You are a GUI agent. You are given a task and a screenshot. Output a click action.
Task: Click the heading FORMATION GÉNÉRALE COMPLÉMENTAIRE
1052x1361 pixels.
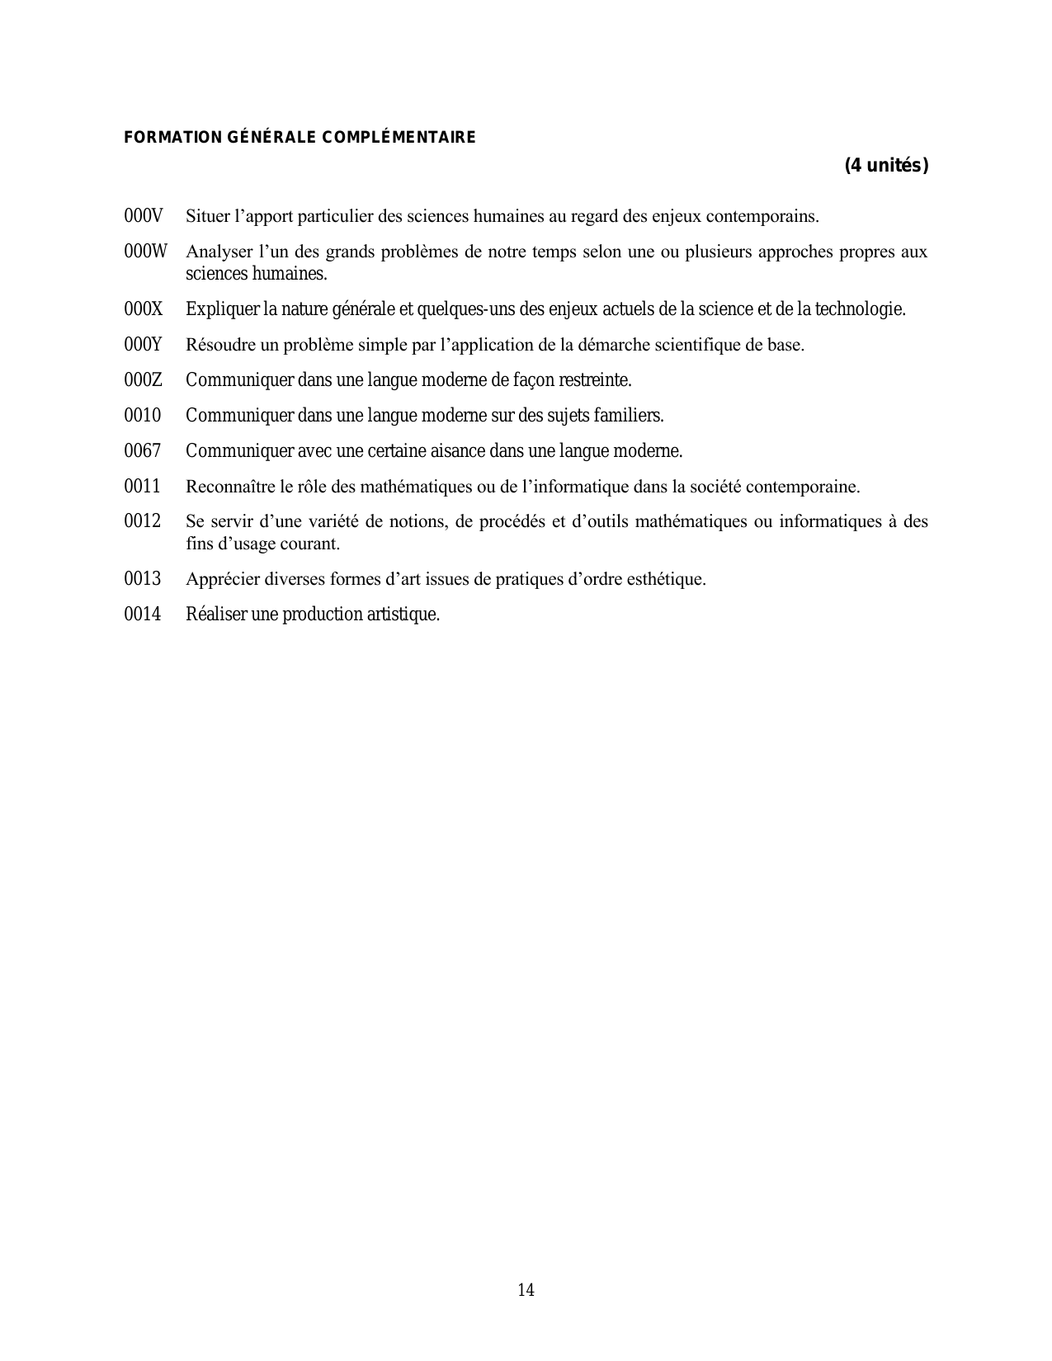(300, 137)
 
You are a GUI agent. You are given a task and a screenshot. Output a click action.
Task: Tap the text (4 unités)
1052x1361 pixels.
(886, 166)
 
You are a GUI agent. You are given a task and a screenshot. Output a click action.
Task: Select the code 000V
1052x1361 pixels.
(144, 216)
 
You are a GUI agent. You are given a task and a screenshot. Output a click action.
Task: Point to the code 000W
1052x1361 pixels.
(145, 252)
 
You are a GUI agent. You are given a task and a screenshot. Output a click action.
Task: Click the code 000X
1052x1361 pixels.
(144, 309)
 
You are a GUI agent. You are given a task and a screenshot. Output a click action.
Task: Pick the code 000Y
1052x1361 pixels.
(144, 345)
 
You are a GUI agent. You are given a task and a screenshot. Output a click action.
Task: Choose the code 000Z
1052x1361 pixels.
(143, 380)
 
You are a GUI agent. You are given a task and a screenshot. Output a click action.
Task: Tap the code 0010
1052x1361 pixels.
(142, 416)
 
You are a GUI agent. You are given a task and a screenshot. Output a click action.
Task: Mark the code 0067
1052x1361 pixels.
(142, 451)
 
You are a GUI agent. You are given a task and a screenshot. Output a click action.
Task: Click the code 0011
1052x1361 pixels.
(142, 487)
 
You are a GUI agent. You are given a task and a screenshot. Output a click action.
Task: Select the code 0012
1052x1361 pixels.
(142, 521)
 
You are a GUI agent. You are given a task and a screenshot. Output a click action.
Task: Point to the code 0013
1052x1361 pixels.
(142, 579)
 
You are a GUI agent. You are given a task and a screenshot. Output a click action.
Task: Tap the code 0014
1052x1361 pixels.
(142, 615)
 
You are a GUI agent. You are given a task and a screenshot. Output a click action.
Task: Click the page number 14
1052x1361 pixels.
(526, 1290)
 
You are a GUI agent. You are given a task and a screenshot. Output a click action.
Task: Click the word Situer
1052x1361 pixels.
(207, 216)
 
